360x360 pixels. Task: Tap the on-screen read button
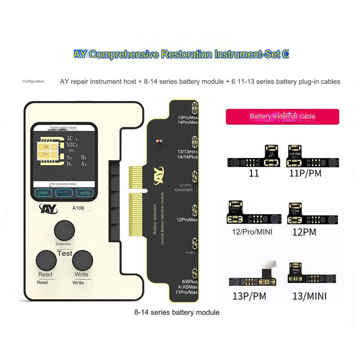[x=43, y=193]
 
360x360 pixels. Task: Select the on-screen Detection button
[x=63, y=193]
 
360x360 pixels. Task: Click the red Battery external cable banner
[x=282, y=117]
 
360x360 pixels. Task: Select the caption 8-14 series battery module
[x=177, y=312]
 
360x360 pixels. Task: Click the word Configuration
[x=33, y=81]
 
